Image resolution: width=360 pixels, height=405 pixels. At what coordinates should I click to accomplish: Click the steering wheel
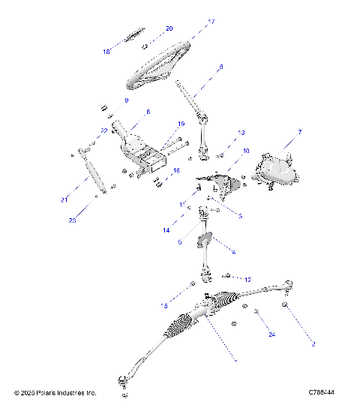160,67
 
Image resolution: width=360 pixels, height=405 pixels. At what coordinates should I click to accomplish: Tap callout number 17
211,22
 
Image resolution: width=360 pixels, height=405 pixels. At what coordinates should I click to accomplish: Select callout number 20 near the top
169,28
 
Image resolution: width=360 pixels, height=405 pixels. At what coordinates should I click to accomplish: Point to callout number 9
126,100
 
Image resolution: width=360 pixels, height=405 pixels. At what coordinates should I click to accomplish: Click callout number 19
180,124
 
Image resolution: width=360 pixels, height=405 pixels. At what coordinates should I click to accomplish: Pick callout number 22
103,130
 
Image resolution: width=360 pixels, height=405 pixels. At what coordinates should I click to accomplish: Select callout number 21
64,199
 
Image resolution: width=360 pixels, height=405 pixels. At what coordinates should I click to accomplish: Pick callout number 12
247,279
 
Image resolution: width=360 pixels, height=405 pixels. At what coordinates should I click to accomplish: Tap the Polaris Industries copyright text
55,392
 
